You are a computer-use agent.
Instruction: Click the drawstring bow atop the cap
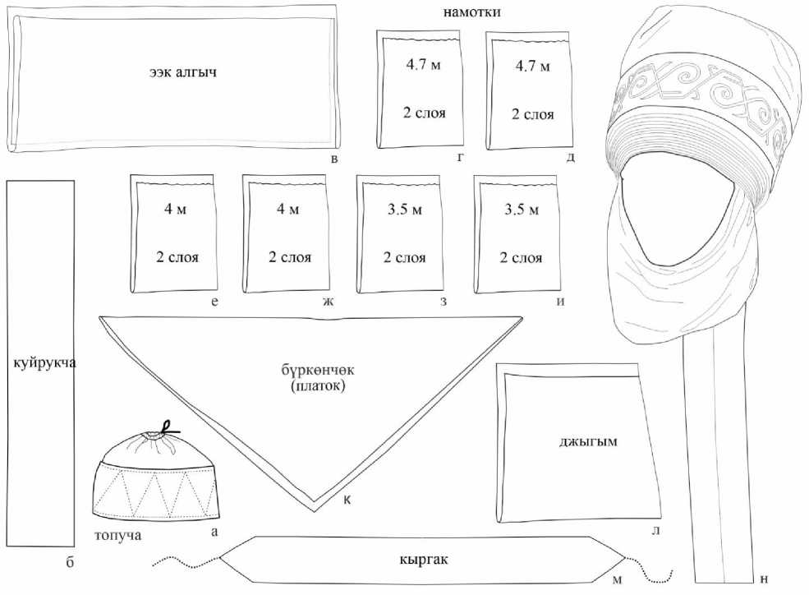tap(168, 427)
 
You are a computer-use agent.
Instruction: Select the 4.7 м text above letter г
tap(424, 65)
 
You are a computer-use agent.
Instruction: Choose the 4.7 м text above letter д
tap(532, 66)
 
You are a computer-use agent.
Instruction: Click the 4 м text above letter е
tap(175, 210)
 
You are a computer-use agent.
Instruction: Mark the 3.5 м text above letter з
tap(404, 210)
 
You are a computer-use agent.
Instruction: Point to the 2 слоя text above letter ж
tap(290, 257)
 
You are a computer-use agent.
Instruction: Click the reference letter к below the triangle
tap(347, 499)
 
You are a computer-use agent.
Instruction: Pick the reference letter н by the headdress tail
tap(765, 579)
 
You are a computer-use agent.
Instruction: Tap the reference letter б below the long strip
tap(70, 562)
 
